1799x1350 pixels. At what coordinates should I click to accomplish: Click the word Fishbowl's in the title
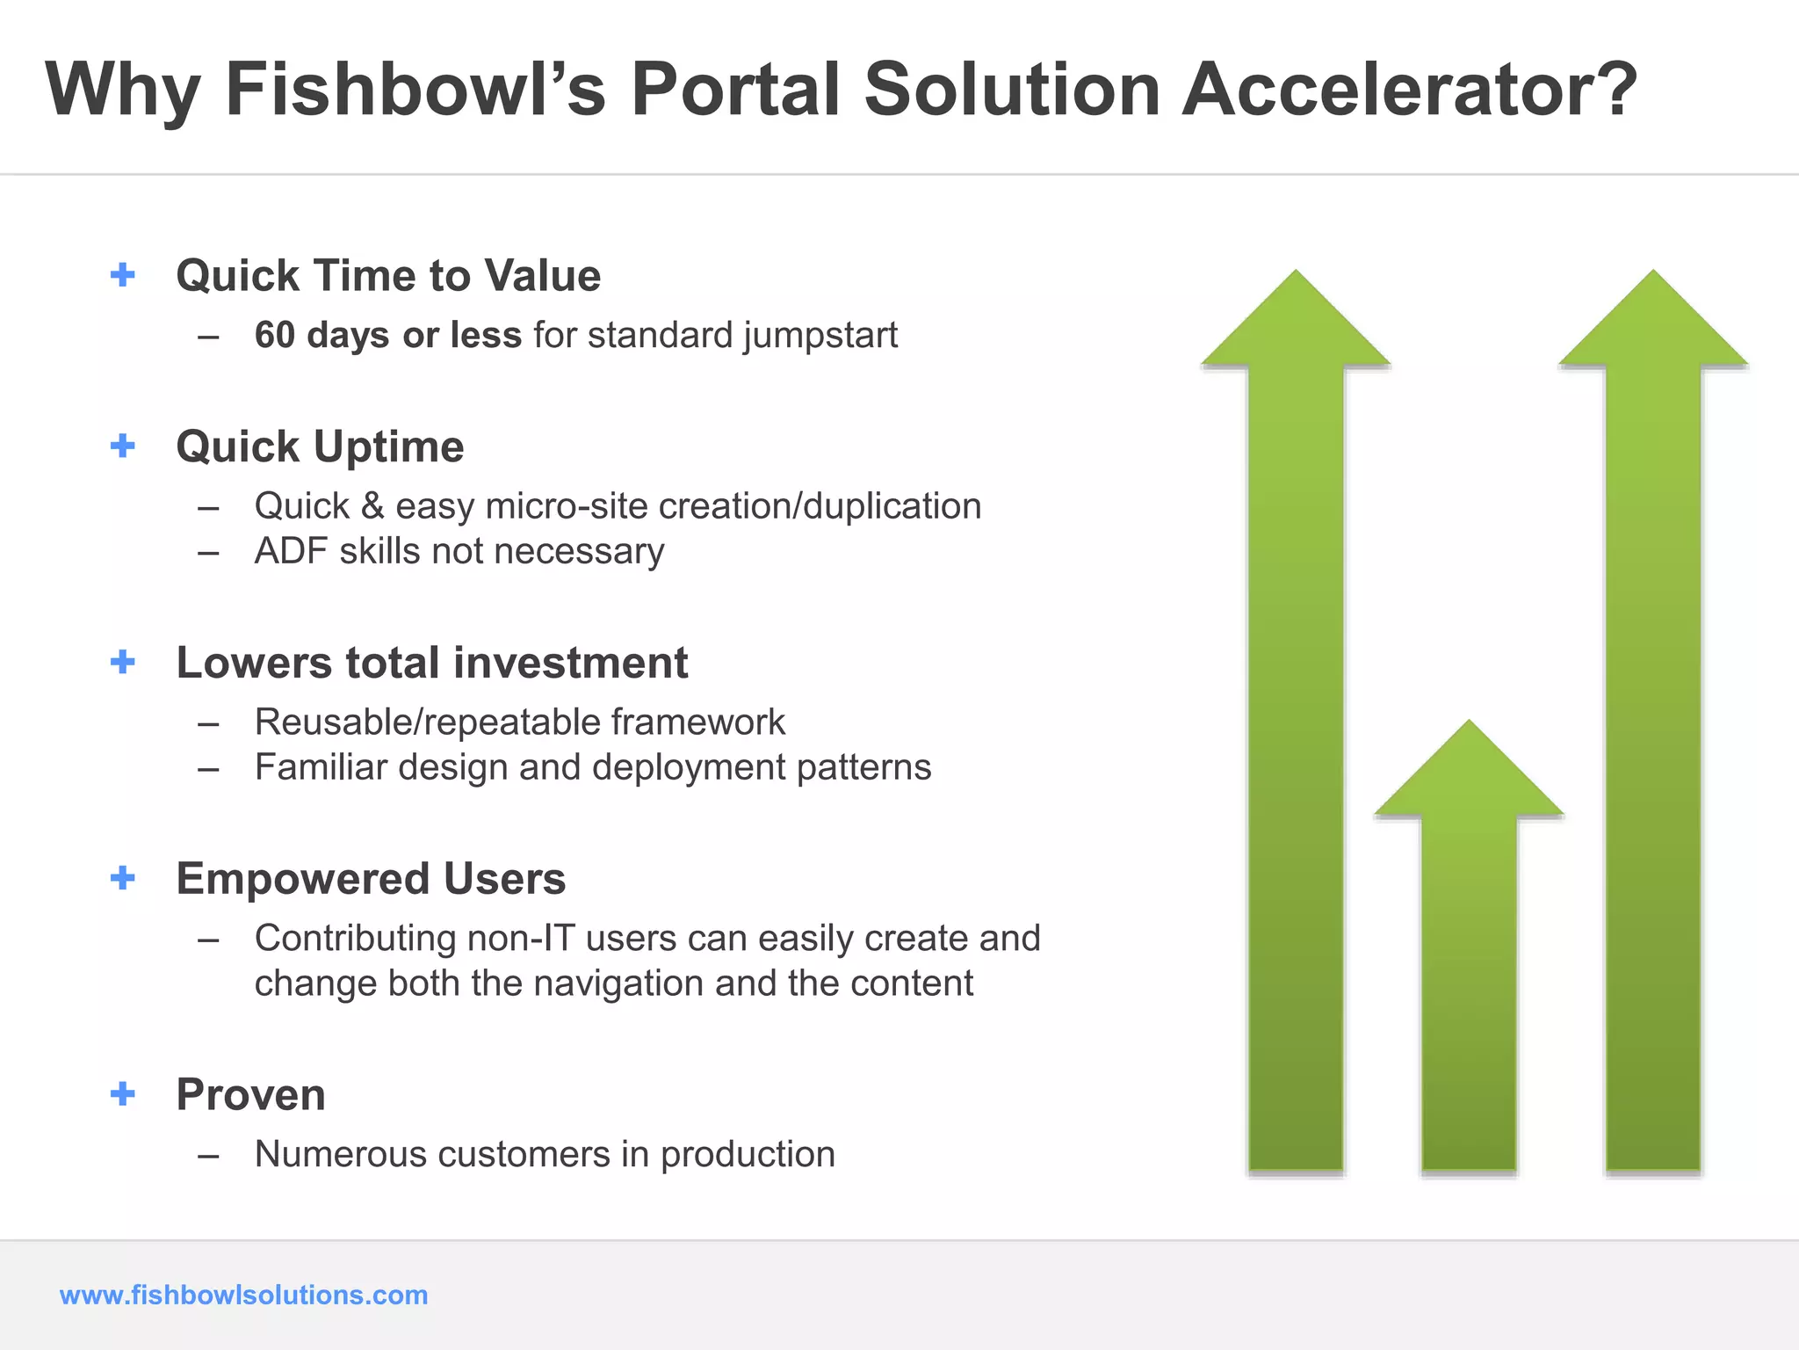[415, 90]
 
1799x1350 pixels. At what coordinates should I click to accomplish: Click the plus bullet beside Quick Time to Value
[123, 275]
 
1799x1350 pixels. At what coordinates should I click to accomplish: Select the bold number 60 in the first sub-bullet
[274, 335]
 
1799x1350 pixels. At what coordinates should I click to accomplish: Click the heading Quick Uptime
[320, 446]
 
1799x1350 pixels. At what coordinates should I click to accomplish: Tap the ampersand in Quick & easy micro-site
[372, 506]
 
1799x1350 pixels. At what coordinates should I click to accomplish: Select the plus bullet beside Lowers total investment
[123, 662]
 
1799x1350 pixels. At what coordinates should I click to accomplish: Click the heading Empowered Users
[371, 879]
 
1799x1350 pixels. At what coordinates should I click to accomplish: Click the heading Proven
[250, 1095]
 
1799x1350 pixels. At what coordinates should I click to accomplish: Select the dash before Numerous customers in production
[208, 1156]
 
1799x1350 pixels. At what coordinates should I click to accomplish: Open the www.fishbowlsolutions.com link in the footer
[243, 1295]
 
